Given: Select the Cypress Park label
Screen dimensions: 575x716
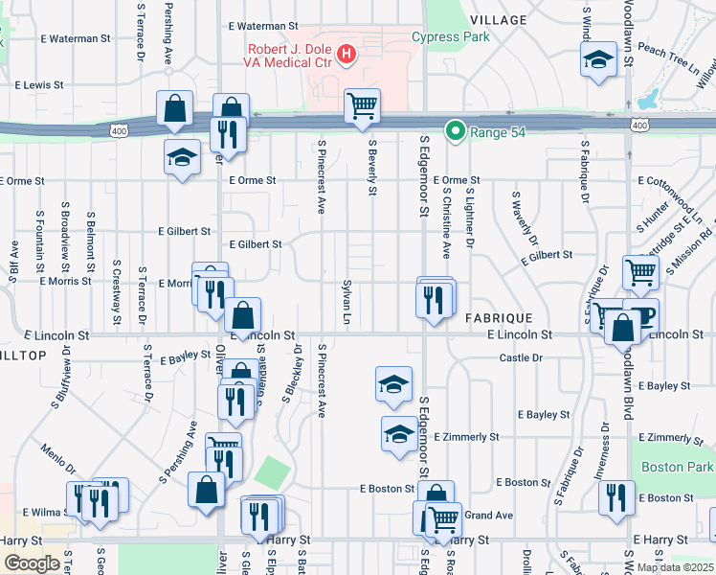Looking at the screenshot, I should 450,37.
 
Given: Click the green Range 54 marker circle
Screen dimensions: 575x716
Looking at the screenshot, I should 456,131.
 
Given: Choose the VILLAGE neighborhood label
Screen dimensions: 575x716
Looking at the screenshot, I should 498,20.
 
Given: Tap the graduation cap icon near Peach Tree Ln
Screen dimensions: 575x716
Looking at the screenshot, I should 598,59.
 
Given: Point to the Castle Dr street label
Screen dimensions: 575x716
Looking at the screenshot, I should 521,357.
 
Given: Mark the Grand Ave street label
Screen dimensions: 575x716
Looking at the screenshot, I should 489,516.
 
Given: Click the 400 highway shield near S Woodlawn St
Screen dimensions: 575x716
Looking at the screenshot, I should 638,126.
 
